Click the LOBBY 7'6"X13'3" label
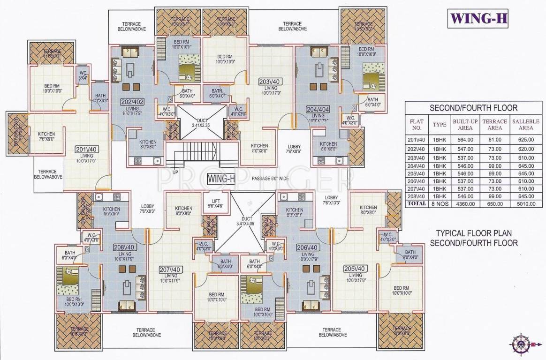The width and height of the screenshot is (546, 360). pyautogui.click(x=332, y=200)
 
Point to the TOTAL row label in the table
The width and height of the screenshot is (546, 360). pyautogui.click(x=417, y=203)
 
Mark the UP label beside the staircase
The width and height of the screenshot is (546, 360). pyautogui.click(x=175, y=172)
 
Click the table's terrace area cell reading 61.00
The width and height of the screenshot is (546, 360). pyautogui.click(x=495, y=139)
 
